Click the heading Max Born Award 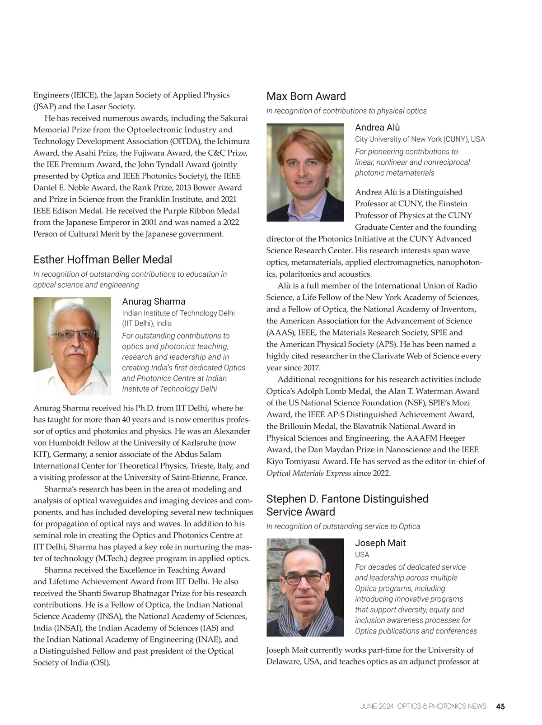(x=306, y=96)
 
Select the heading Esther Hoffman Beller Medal (x=103, y=260)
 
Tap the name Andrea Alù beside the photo (x=377, y=127)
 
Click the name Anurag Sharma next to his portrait (x=154, y=302)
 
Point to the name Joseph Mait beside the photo (x=380, y=543)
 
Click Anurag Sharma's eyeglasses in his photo (x=75, y=335)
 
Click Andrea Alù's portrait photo (x=305, y=172)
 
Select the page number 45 (x=500, y=706)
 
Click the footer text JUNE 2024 (x=377, y=706)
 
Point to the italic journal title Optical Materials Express (x=308, y=473)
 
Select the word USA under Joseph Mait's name (x=362, y=555)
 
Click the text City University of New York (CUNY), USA (x=420, y=139)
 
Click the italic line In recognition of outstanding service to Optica (x=343, y=526)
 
